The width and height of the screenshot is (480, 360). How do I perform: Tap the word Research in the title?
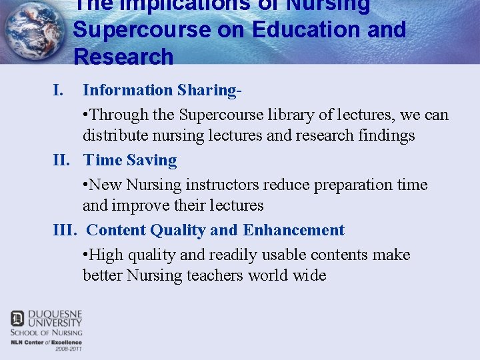tap(123, 57)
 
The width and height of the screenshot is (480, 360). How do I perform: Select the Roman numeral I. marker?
tap(59, 90)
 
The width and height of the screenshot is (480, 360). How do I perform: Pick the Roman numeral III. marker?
tap(65, 230)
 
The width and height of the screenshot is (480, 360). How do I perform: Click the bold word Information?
tap(127, 90)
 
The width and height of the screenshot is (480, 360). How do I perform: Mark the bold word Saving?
tap(151, 160)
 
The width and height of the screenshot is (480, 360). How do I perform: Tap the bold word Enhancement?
tap(293, 230)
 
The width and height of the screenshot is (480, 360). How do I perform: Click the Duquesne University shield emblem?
tap(17, 319)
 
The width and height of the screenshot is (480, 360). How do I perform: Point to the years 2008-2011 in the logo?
tap(69, 348)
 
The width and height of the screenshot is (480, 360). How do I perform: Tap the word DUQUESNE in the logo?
tap(55, 314)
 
